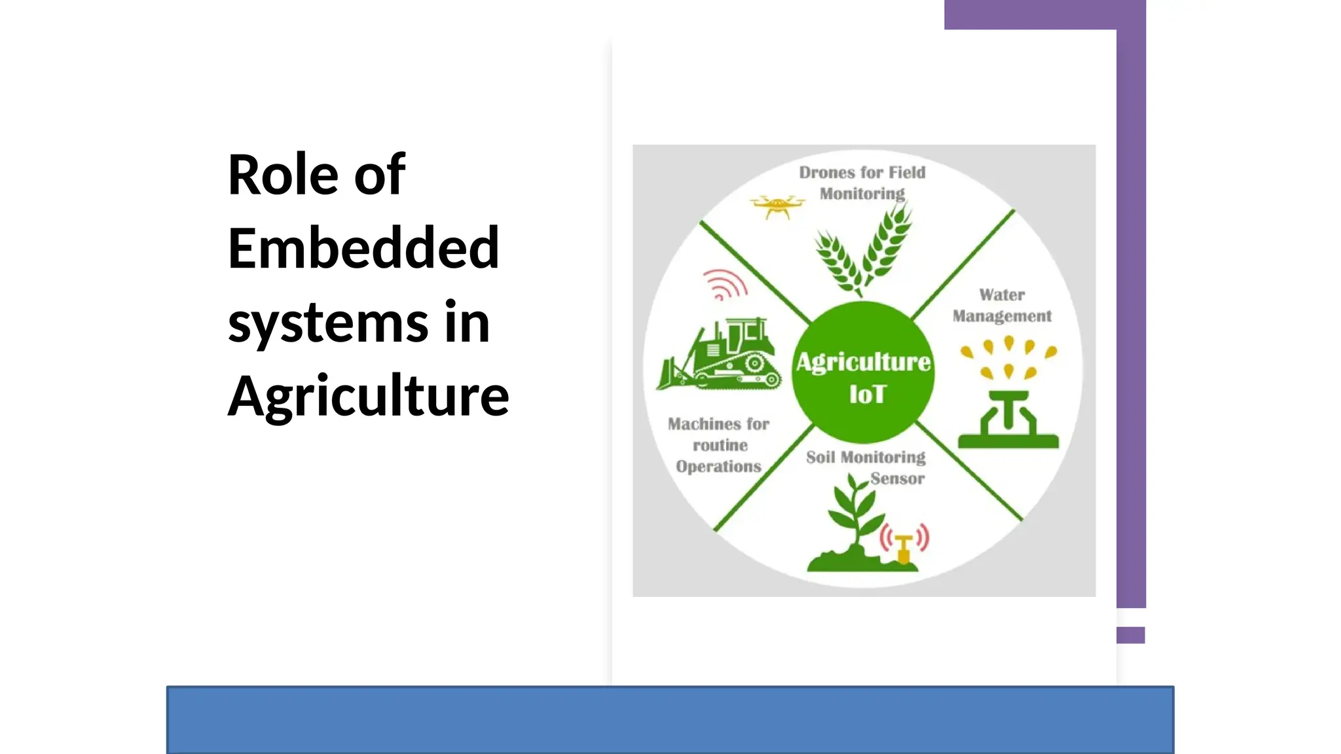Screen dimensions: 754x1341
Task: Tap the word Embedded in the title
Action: (x=363, y=249)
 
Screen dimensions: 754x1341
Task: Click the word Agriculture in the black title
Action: (x=368, y=397)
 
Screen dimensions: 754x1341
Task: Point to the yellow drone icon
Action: (x=777, y=206)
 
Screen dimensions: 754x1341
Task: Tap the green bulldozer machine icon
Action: (x=720, y=357)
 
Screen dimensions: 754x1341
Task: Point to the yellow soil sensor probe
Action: (x=904, y=548)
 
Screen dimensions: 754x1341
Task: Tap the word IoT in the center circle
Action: (x=867, y=395)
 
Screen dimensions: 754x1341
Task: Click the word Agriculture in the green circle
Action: (x=863, y=362)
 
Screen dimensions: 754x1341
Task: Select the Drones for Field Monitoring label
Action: (x=862, y=183)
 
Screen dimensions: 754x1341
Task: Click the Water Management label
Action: (x=1002, y=306)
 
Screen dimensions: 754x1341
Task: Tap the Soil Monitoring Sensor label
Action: (x=866, y=467)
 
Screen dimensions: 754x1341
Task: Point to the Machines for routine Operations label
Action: (x=719, y=445)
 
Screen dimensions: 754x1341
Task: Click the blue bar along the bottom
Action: (x=670, y=719)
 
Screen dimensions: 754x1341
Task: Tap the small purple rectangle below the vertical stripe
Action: (x=1131, y=635)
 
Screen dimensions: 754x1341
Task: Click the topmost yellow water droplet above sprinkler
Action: (x=1009, y=342)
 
